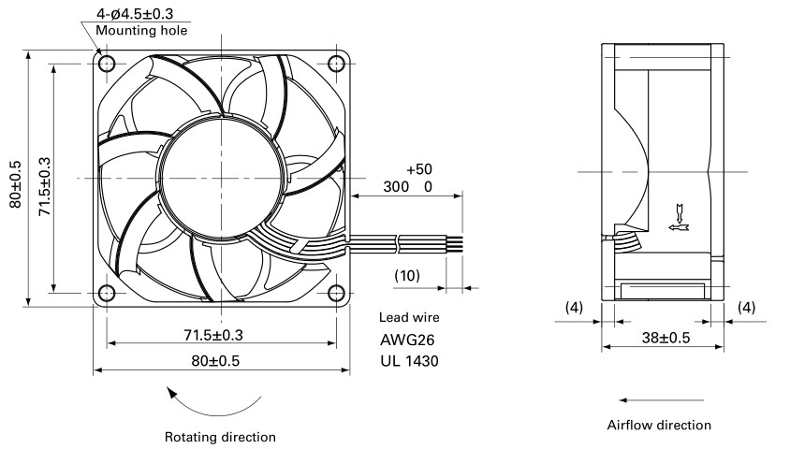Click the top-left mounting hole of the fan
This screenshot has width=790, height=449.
107,65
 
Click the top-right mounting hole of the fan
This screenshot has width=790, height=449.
337,65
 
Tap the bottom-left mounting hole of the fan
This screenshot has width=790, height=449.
107,291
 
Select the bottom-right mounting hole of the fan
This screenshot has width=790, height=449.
337,291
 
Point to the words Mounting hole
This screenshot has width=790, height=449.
141,30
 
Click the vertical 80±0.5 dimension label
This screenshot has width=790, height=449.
16,178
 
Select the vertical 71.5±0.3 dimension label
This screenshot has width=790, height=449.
42,178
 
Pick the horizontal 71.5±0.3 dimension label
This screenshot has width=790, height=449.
222,334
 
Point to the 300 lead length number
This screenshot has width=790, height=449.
396,187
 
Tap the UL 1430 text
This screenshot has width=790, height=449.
409,360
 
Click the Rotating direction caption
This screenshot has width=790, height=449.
220,437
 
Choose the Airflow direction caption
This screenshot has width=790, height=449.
659,425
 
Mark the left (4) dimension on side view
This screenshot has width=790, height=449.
575,306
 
